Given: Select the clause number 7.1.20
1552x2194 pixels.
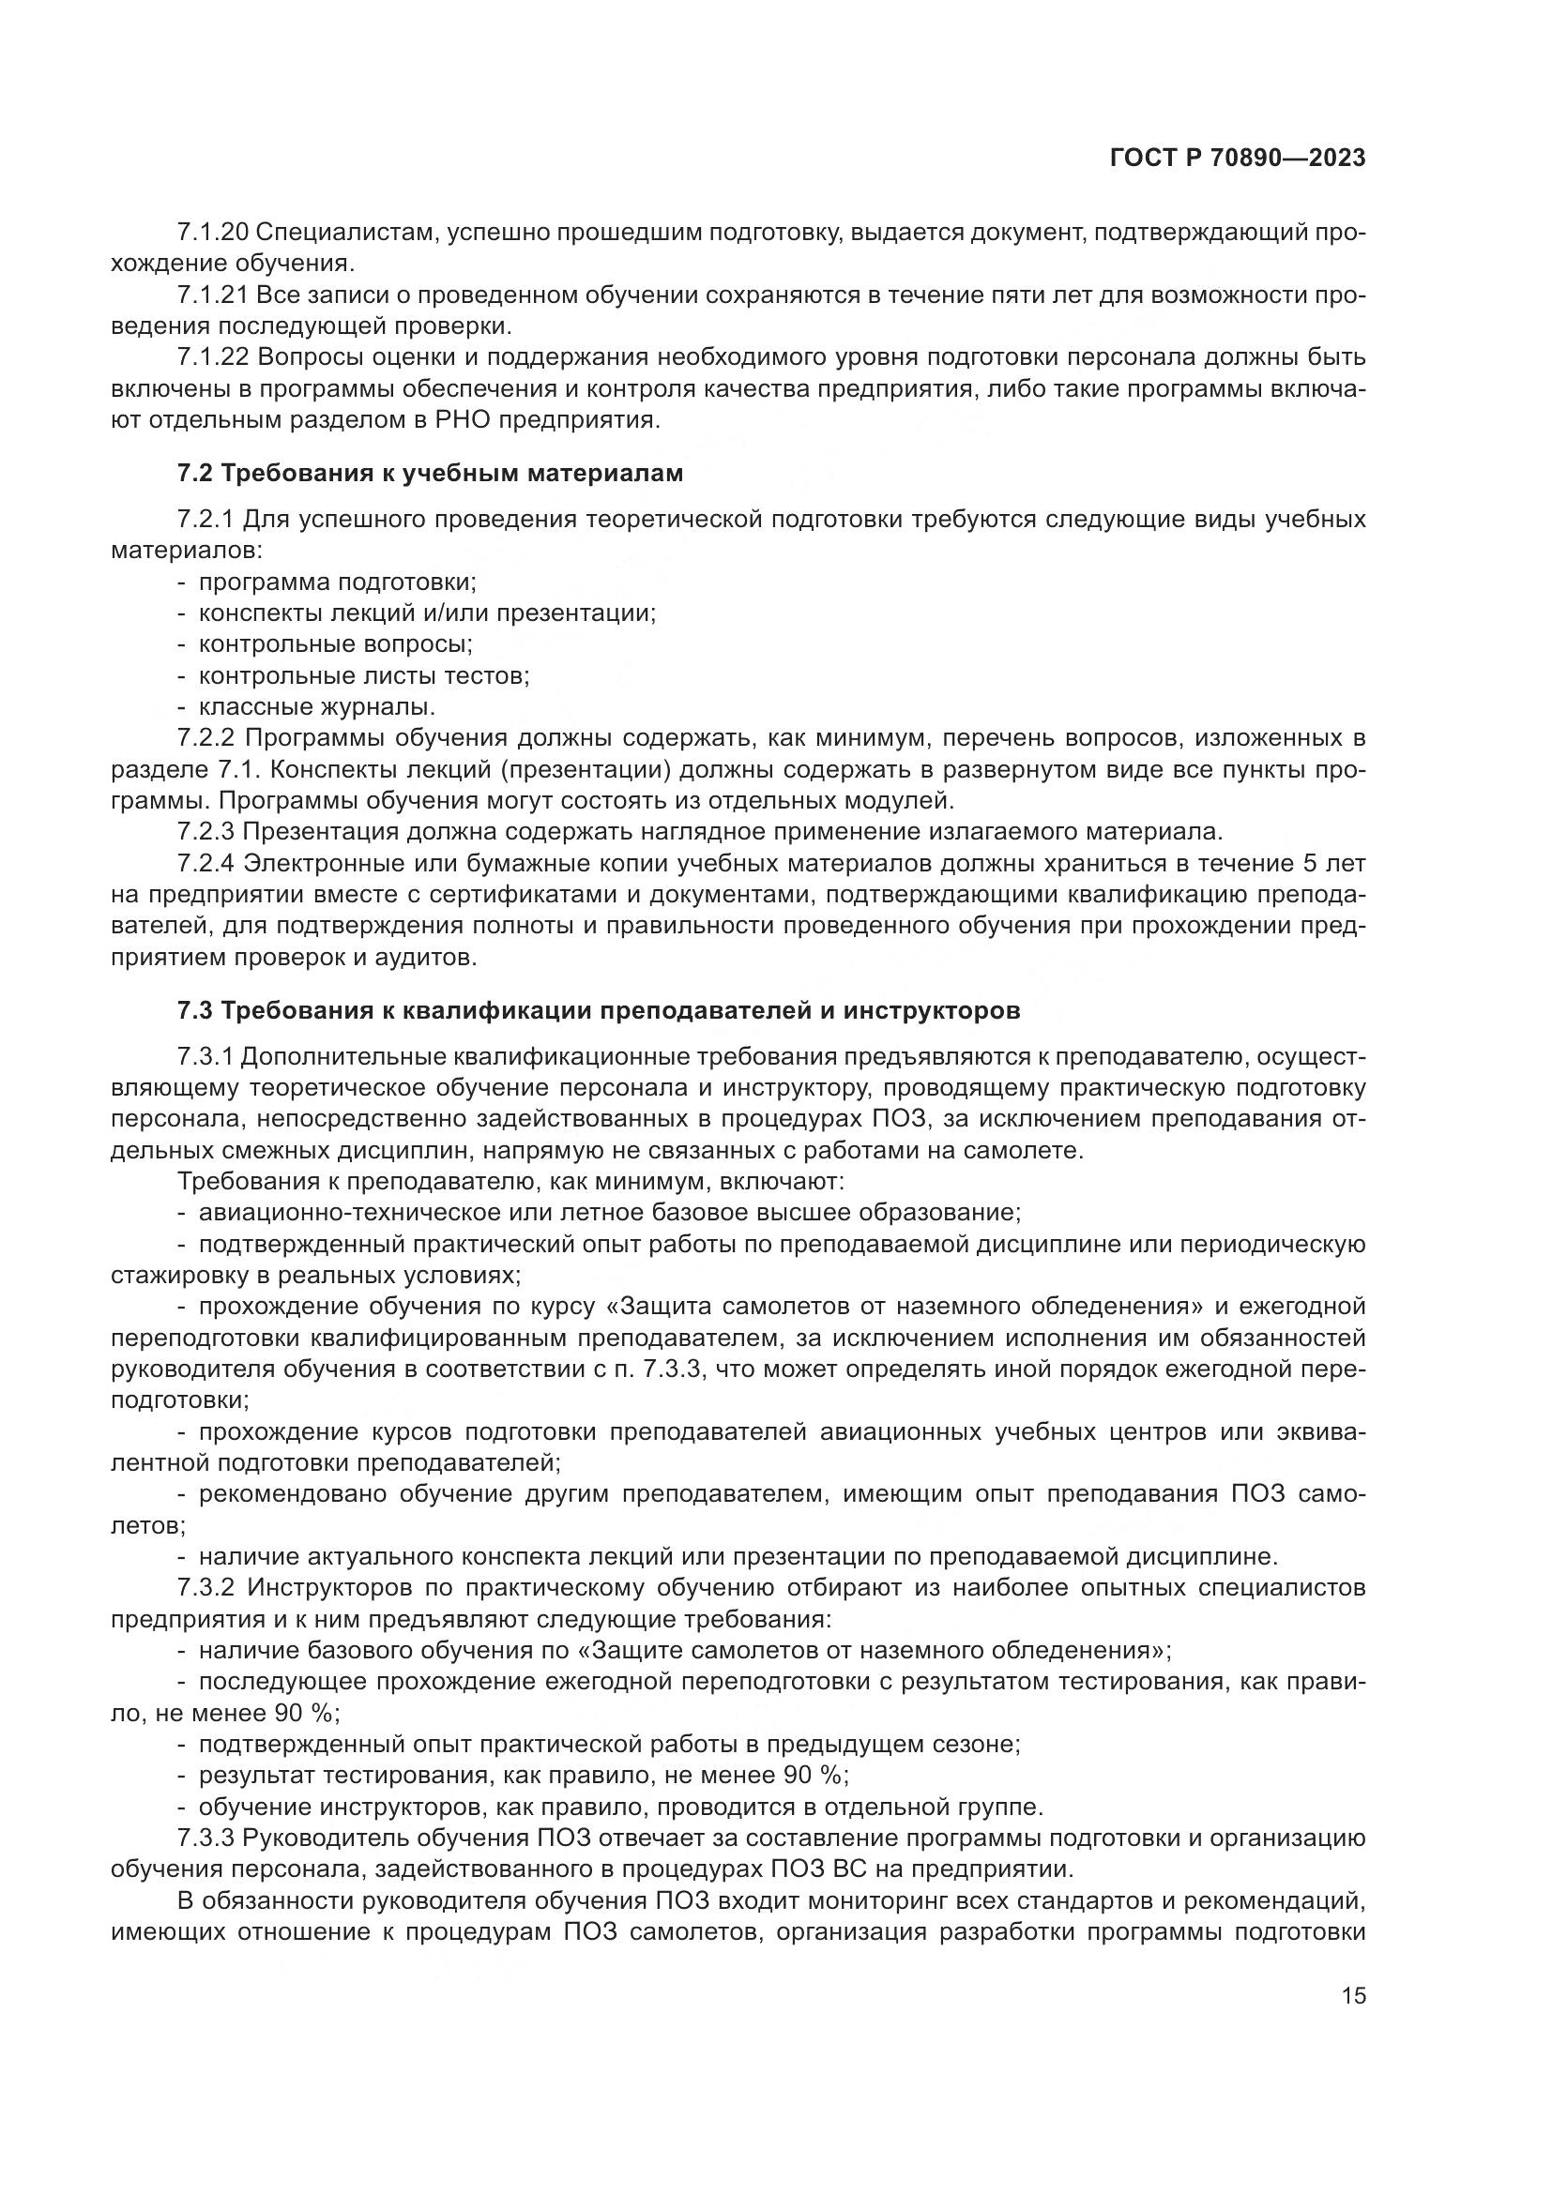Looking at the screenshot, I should coord(212,233).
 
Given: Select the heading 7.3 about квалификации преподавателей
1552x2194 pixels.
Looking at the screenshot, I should coord(599,1010).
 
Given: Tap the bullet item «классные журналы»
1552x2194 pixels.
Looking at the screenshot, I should coord(316,707).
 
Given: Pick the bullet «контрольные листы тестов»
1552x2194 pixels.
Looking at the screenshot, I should coord(363,675).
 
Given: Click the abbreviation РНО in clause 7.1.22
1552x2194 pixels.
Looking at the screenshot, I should coord(520,420).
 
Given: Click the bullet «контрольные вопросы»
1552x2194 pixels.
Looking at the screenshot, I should coord(335,644).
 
